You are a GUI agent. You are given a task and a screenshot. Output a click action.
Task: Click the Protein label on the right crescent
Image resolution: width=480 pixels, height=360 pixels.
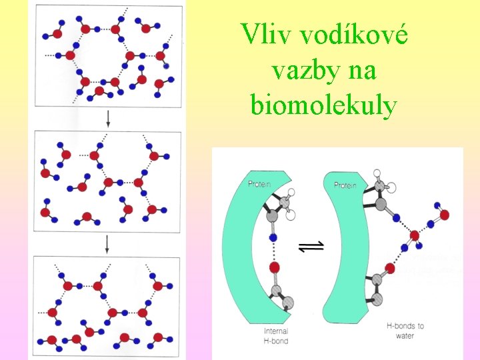coord(345,185)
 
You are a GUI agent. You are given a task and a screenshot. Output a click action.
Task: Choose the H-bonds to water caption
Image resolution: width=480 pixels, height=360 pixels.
coord(405,331)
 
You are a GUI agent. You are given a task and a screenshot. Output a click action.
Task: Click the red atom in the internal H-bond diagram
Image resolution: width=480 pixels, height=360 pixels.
coord(273,268)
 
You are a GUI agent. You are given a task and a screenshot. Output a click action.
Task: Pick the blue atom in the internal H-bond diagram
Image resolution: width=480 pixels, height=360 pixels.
coord(273,237)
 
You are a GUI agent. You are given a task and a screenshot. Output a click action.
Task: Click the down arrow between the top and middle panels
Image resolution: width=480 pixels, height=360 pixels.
coord(107,119)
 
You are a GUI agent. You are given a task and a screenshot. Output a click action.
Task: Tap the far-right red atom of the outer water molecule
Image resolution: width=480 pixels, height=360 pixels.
coord(445,215)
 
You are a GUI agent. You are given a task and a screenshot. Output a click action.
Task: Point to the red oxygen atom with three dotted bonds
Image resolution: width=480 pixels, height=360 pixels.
coord(415,235)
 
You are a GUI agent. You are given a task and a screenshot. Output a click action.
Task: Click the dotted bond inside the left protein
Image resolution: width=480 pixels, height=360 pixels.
coord(273,252)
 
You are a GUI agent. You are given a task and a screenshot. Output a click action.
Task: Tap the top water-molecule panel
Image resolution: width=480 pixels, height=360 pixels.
coord(107,55)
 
